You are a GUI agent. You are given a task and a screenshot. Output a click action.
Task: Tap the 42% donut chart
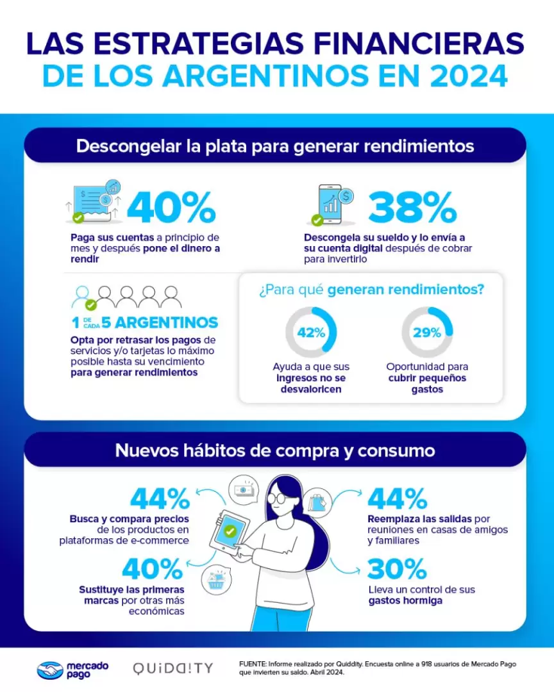click(310, 333)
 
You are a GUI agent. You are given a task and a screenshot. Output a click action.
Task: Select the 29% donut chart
click(427, 333)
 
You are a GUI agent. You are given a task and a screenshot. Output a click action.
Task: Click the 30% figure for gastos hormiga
click(397, 568)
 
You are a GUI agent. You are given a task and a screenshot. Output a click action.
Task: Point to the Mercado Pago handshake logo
click(49, 670)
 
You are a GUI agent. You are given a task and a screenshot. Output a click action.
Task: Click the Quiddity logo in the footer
click(172, 669)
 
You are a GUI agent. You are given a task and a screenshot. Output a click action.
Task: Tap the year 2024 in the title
click(467, 75)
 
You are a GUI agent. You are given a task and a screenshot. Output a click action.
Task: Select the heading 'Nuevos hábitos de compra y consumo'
click(274, 450)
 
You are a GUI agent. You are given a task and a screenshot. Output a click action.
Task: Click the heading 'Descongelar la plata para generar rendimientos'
click(274, 146)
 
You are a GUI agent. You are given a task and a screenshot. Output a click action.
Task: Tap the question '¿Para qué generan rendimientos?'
click(371, 290)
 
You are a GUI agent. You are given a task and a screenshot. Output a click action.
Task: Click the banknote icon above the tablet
click(244, 489)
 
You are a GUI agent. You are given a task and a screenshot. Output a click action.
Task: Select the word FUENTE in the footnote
click(252, 664)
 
